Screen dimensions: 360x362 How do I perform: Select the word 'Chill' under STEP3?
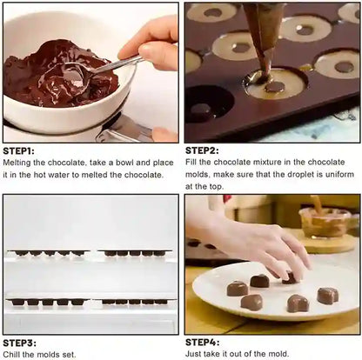click(12, 355)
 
